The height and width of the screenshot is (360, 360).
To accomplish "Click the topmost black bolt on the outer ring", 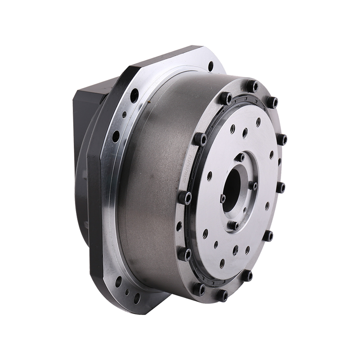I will [253, 86].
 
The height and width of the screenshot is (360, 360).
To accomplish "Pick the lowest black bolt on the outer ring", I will [223, 295].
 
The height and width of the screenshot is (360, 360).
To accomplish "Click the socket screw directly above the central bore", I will [241, 157].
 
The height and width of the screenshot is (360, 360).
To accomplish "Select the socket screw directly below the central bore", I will [234, 225].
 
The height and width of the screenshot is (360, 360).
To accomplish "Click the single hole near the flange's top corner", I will [211, 66].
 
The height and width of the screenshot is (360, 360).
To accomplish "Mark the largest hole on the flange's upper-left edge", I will [134, 95].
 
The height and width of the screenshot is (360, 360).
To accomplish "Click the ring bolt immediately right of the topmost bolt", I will [271, 102].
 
